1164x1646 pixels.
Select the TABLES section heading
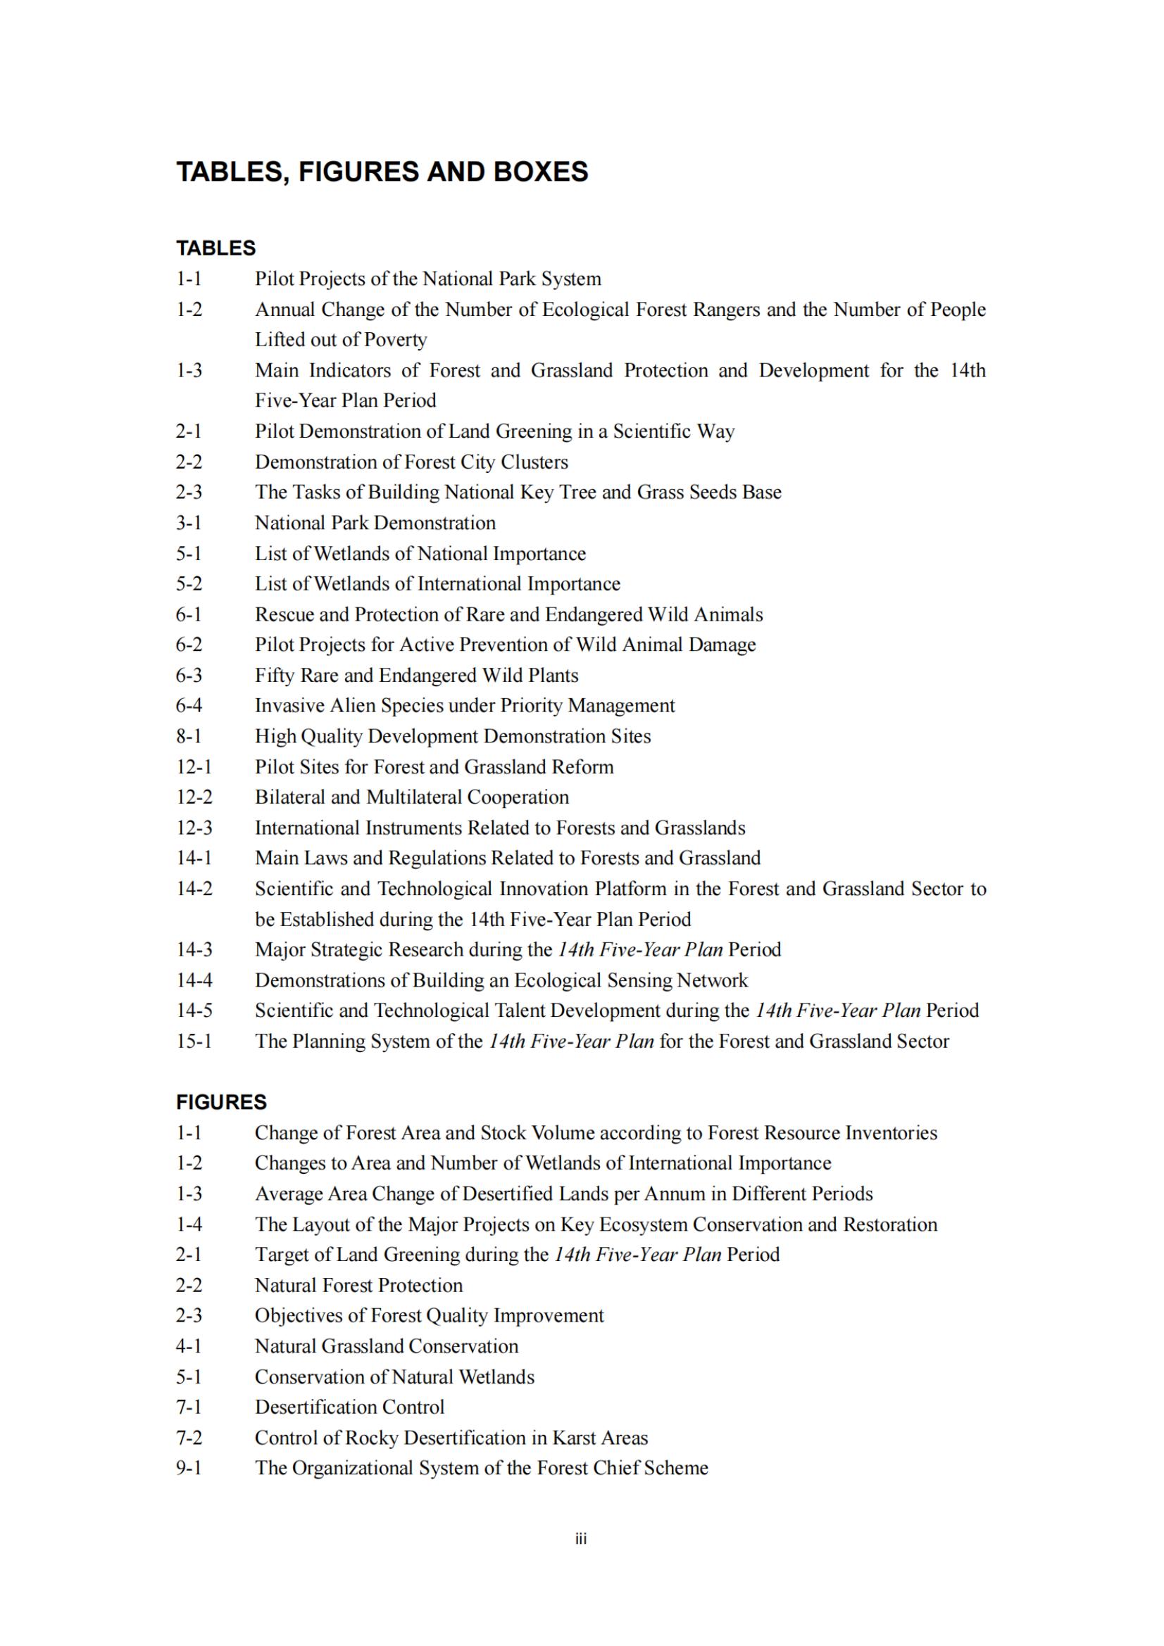pyautogui.click(x=216, y=248)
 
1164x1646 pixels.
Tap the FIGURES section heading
pyautogui.click(x=221, y=1102)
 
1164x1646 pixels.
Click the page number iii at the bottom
pyautogui.click(x=581, y=1538)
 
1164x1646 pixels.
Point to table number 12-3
pyautogui.click(x=194, y=828)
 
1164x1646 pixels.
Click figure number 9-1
pyautogui.click(x=189, y=1468)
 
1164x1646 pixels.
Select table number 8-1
pyautogui.click(x=189, y=736)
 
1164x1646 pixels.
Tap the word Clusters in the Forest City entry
pyautogui.click(x=534, y=462)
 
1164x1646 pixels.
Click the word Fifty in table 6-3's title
pyautogui.click(x=275, y=676)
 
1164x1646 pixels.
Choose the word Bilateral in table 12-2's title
pyautogui.click(x=289, y=797)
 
